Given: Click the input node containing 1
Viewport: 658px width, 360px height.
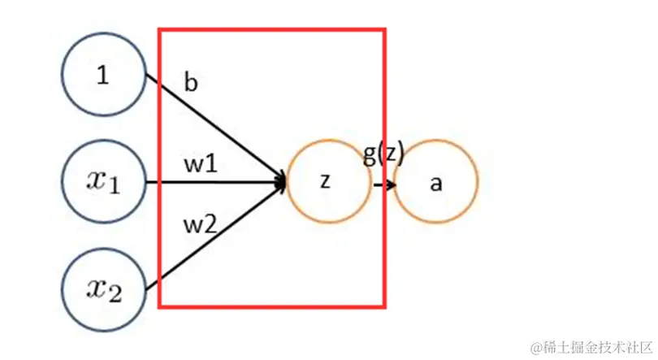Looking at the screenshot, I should (103, 75).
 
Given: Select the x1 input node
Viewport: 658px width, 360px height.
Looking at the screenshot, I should (103, 183).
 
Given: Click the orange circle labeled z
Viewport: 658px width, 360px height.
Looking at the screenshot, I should (325, 183).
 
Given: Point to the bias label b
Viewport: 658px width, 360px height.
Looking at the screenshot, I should (191, 83).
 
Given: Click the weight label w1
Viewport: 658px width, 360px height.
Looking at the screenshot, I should (200, 164).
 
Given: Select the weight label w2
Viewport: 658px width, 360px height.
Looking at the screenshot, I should (199, 223).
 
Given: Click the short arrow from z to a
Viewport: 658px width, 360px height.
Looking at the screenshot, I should (384, 184).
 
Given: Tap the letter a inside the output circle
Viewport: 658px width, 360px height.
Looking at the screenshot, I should (436, 184).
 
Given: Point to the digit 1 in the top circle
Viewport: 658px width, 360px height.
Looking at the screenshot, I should (102, 75).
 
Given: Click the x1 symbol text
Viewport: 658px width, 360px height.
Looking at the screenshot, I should (103, 183).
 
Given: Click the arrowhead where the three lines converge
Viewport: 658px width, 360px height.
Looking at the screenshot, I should (281, 183).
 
